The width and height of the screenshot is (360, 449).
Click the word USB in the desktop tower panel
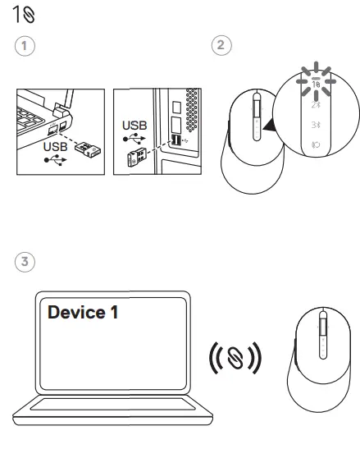pos(134,126)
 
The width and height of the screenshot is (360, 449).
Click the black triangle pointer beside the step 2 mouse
pos(270,126)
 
